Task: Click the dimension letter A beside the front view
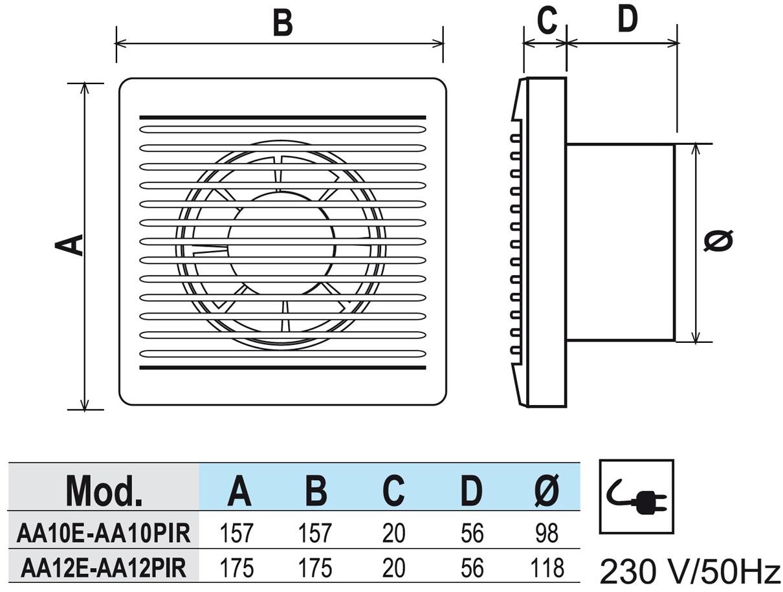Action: click(70, 245)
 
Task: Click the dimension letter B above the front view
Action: click(282, 23)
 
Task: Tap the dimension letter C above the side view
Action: click(547, 21)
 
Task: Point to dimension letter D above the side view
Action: click(626, 19)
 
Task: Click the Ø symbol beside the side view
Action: click(718, 241)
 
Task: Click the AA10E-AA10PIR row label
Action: click(104, 534)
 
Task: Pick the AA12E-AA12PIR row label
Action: click(104, 567)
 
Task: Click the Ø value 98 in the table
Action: click(547, 534)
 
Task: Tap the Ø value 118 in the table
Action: click(547, 567)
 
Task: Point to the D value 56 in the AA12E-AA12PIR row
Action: click(472, 567)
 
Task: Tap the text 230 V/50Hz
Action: click(690, 571)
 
